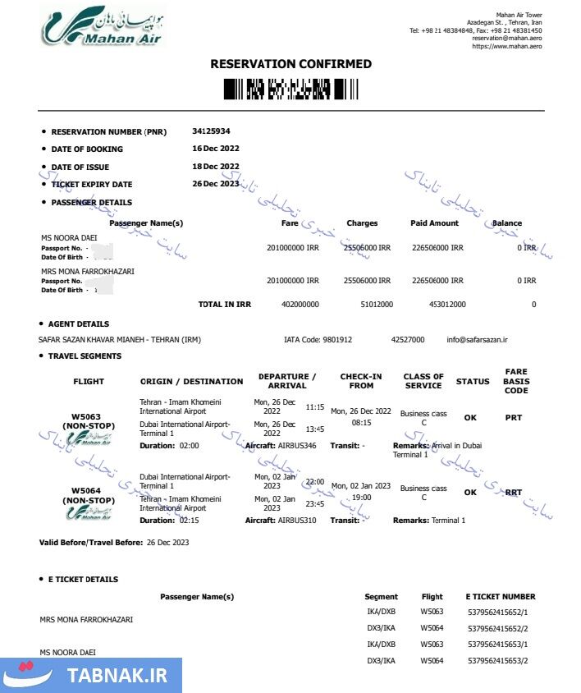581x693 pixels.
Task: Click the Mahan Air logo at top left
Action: [x=103, y=26]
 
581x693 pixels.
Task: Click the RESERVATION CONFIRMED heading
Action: [x=290, y=64]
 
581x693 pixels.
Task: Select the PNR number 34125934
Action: [x=211, y=131]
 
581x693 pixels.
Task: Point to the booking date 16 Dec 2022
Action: [x=216, y=149]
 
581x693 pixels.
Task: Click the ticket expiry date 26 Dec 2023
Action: [x=216, y=184]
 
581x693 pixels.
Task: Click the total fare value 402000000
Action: [x=300, y=305]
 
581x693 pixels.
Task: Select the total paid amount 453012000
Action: [x=447, y=305]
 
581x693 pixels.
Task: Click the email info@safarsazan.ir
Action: [x=478, y=339]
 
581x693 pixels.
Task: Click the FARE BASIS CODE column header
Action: [x=516, y=381]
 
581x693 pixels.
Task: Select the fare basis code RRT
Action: [x=514, y=493]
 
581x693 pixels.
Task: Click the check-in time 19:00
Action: [x=361, y=498]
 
